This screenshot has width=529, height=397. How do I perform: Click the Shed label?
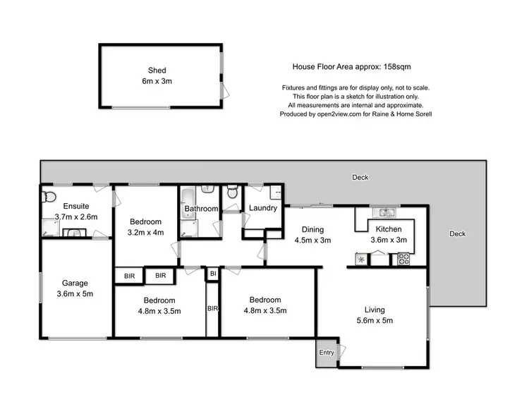pyautogui.click(x=156, y=70)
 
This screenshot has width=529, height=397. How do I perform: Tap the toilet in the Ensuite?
pyautogui.click(x=48, y=196)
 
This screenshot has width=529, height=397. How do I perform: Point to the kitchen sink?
pyautogui.click(x=385, y=211)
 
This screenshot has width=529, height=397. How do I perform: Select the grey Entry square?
pyautogui.click(x=327, y=353)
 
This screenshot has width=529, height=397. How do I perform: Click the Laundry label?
pyautogui.click(x=262, y=208)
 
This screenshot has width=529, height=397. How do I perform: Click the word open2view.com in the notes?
pyautogui.click(x=338, y=114)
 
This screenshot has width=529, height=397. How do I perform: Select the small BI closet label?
pyautogui.click(x=212, y=273)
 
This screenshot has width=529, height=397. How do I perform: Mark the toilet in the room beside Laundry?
pyautogui.click(x=232, y=193)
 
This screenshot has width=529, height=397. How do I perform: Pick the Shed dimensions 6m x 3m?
pyautogui.click(x=156, y=81)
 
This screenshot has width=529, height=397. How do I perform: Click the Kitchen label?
pyautogui.click(x=388, y=230)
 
